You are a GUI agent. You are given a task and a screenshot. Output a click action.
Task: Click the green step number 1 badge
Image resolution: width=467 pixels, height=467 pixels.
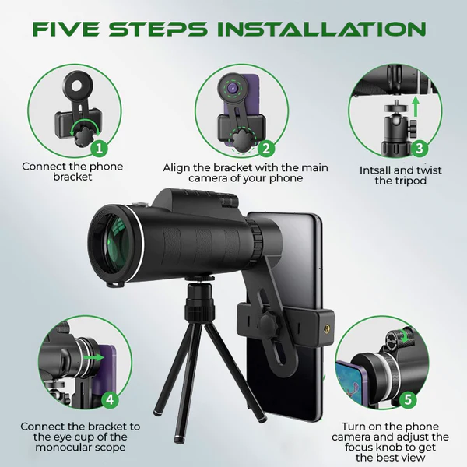click(100, 148)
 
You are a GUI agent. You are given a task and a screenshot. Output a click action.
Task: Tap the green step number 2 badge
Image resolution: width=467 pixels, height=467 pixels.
click(266, 148)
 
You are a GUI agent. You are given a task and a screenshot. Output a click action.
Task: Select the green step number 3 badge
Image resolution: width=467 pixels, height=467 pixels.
click(420, 148)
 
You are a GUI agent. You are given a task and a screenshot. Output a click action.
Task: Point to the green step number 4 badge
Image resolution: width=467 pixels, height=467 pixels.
click(111, 399)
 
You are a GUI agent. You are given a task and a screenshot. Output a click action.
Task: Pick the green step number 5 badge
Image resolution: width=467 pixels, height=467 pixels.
click(408, 399)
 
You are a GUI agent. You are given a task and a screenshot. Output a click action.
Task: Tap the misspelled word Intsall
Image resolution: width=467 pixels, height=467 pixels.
click(377, 170)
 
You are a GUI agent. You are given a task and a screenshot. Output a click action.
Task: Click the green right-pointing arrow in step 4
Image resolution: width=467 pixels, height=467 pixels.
click(93, 357)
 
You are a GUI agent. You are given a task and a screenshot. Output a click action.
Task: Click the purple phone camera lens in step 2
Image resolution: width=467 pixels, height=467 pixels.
click(233, 88)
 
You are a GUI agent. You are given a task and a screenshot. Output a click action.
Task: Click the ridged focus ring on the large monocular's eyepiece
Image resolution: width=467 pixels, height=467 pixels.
click(256, 237)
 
